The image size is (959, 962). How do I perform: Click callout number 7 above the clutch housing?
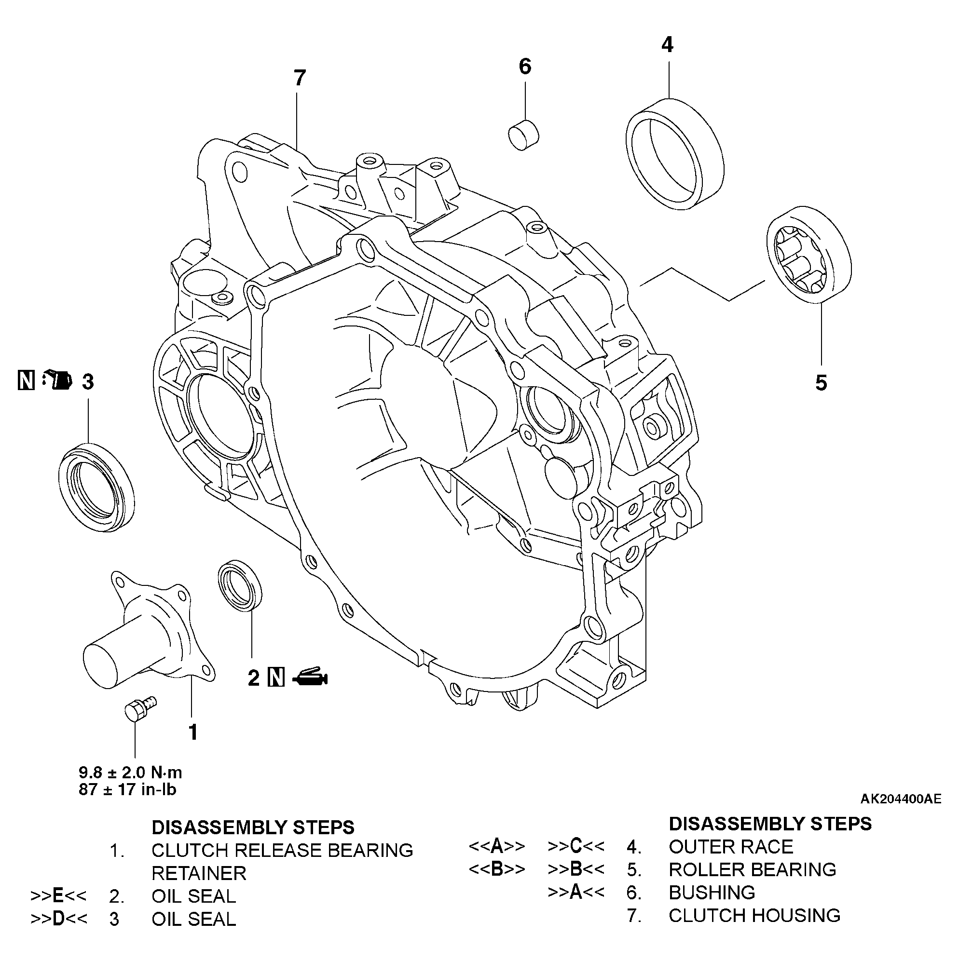300,78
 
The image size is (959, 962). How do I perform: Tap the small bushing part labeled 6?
524,135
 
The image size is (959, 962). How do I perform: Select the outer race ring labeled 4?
674,154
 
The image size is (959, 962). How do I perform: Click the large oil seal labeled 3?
96,487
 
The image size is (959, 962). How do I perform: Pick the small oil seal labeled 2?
241,585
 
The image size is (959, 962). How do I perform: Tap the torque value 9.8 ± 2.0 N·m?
131,772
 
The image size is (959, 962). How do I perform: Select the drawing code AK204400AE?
901,813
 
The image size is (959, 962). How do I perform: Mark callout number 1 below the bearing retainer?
193,732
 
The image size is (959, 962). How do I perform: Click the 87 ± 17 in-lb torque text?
127,790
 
